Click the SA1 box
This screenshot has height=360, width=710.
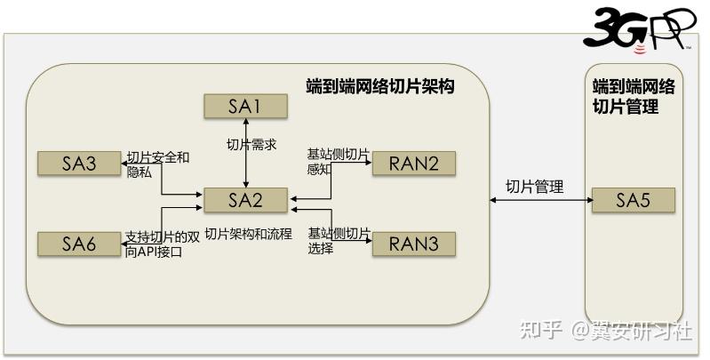tap(244, 107)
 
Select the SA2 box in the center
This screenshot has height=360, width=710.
tap(244, 200)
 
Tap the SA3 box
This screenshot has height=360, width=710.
tap(78, 164)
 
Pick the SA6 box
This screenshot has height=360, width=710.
tap(78, 243)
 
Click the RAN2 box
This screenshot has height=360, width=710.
tap(413, 164)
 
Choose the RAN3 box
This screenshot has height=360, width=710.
tap(413, 243)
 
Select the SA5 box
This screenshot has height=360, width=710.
tap(634, 200)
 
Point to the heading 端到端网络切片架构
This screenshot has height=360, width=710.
tap(379, 87)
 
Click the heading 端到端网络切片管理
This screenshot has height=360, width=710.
tap(634, 97)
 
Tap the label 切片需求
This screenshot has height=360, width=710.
tap(246, 145)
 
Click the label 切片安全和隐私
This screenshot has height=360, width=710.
tap(157, 165)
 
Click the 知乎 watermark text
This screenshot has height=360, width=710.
tap(543, 331)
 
